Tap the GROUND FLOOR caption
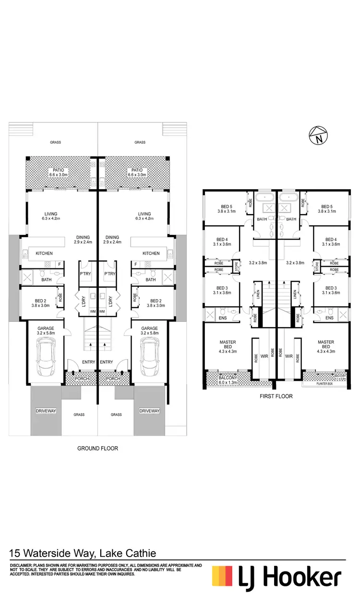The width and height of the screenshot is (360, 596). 98,448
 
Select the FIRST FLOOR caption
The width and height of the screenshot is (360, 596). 276,397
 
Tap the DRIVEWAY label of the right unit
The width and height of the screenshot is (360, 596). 149,411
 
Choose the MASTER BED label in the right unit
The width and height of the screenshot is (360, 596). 325,345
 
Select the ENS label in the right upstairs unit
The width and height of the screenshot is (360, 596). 329,318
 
